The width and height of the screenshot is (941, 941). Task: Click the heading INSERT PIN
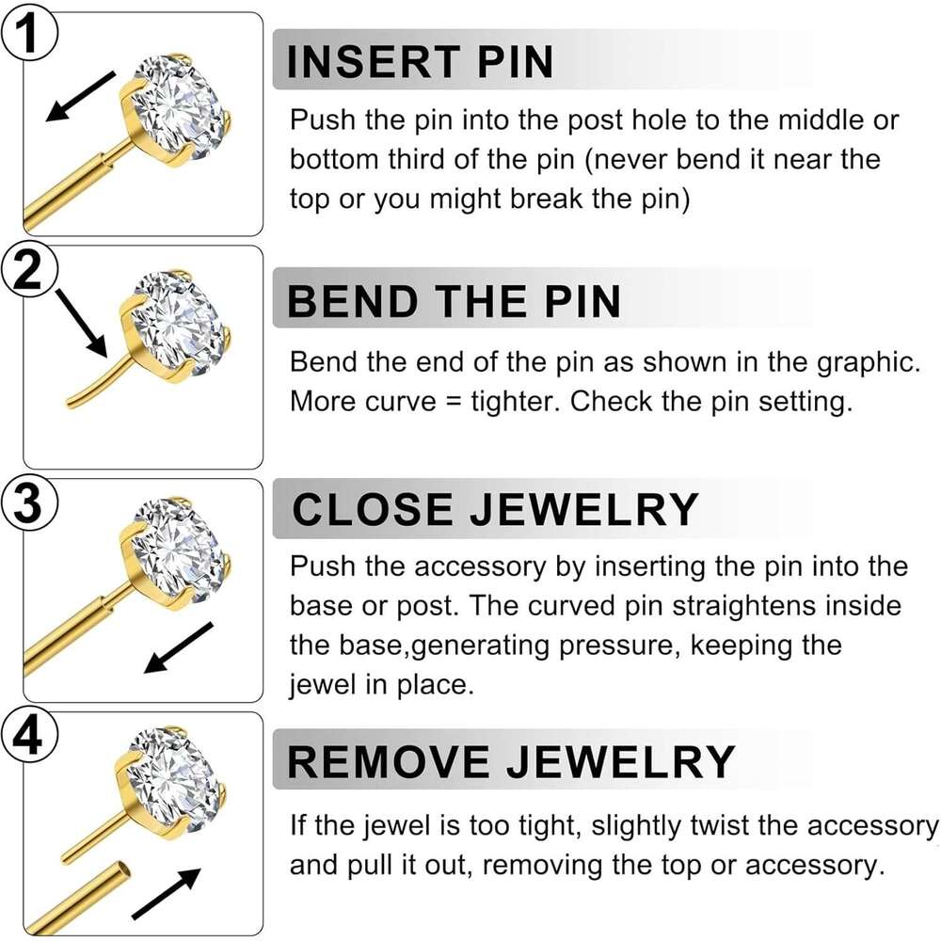(x=420, y=62)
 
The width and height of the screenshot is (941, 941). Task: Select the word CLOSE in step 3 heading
(x=372, y=509)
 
